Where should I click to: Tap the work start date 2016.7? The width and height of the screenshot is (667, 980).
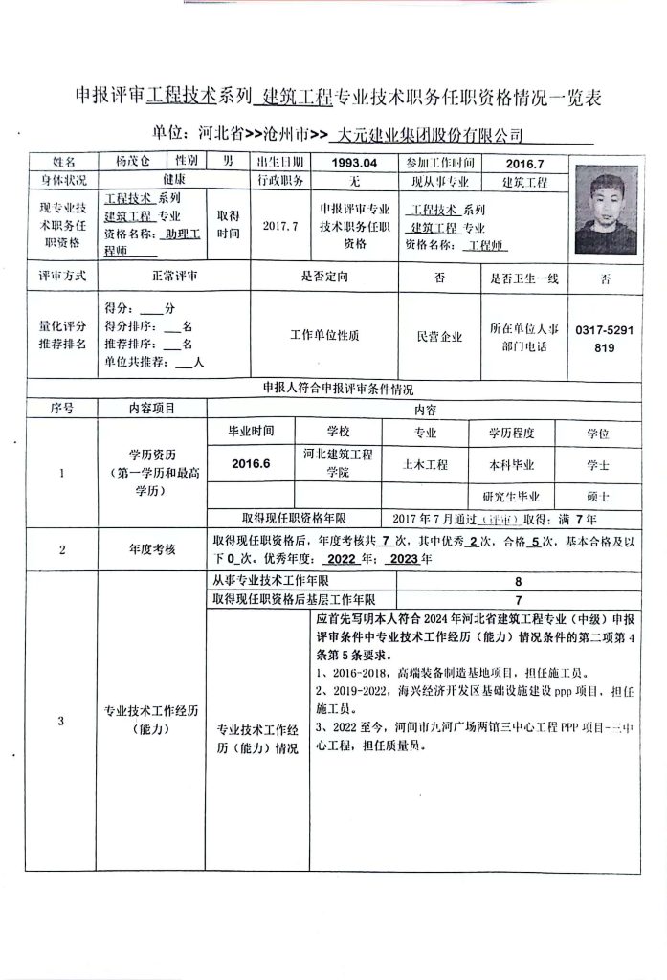pyautogui.click(x=524, y=163)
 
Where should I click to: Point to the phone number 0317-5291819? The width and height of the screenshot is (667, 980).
pyautogui.click(x=604, y=338)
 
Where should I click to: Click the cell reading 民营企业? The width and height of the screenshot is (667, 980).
pyautogui.click(x=439, y=337)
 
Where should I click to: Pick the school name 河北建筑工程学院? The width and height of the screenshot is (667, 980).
pyautogui.click(x=339, y=463)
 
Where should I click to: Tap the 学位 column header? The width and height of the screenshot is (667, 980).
pyautogui.click(x=598, y=434)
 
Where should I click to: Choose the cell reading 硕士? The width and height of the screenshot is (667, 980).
pyautogui.click(x=598, y=497)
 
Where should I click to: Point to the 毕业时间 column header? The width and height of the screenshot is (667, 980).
pyautogui.click(x=251, y=434)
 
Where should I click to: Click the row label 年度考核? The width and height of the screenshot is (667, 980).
pyautogui.click(x=152, y=549)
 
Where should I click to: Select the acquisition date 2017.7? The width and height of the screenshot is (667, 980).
pyautogui.click(x=280, y=226)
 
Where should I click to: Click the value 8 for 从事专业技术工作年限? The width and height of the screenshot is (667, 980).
pyautogui.click(x=518, y=581)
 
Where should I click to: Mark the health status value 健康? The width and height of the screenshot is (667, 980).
pyautogui.click(x=173, y=180)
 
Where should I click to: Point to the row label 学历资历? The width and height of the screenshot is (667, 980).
pyautogui.click(x=152, y=456)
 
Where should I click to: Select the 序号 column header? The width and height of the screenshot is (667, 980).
pyautogui.click(x=61, y=408)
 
